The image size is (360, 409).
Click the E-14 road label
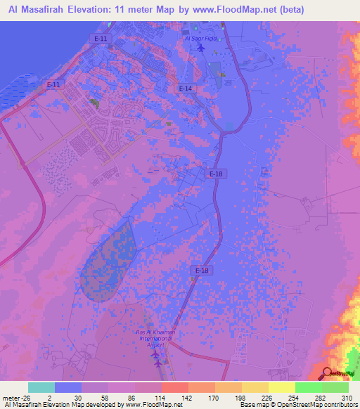coord(185,89)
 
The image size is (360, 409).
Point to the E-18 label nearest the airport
coord(201,270)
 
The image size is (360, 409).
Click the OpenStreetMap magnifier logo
coord(328,373)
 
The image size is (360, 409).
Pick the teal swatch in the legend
coord(41,387)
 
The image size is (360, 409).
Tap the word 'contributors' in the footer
coord(340,405)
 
